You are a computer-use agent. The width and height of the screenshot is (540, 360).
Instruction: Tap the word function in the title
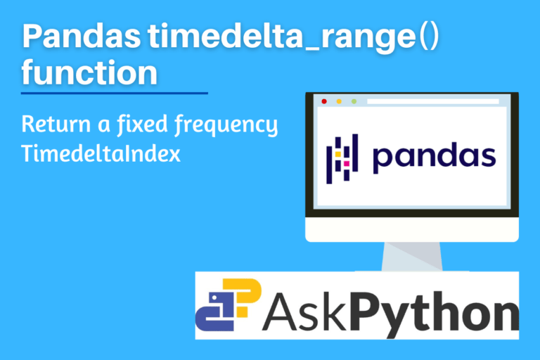click(89, 72)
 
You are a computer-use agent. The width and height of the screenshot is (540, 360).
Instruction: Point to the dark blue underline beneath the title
click(115, 92)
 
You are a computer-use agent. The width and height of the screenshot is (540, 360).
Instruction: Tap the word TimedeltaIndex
click(101, 153)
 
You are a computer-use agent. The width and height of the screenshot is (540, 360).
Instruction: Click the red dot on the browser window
click(323, 101)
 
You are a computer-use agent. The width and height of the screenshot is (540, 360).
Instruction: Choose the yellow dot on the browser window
click(339, 101)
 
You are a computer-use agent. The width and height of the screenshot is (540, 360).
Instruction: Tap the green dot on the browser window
click(354, 101)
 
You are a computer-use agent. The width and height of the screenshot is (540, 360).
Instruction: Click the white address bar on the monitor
click(432, 101)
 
